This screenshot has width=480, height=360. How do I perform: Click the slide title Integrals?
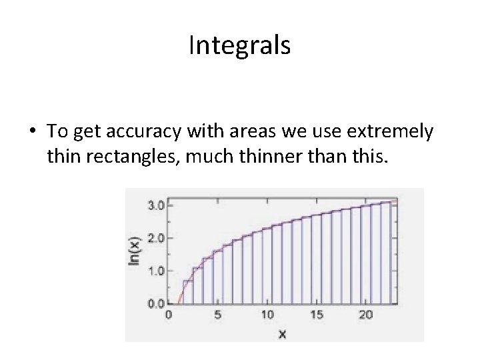click(x=239, y=45)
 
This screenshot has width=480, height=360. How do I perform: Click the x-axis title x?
click(x=281, y=333)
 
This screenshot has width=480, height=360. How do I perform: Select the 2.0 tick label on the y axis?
click(x=155, y=238)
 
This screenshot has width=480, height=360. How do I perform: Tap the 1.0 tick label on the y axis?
click(x=155, y=271)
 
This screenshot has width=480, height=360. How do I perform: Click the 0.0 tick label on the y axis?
click(x=155, y=303)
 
